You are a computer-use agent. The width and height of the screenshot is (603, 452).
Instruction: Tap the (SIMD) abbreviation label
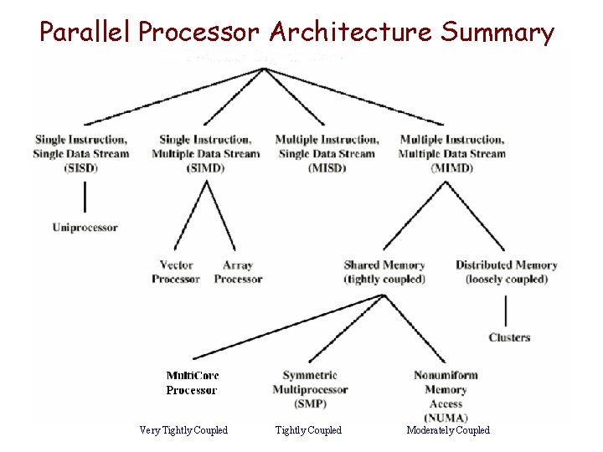(x=205, y=167)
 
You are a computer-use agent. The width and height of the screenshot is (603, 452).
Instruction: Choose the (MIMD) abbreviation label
(x=451, y=167)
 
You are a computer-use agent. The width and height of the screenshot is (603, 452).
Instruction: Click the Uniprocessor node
(x=85, y=227)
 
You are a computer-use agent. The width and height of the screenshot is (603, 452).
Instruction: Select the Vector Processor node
(x=176, y=272)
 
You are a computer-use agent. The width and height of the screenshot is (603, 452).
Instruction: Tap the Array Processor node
(x=238, y=272)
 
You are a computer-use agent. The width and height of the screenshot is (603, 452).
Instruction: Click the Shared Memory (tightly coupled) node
(x=384, y=272)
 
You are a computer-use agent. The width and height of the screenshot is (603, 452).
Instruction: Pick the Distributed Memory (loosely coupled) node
(x=506, y=272)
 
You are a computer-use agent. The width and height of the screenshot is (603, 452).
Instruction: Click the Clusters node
(x=509, y=337)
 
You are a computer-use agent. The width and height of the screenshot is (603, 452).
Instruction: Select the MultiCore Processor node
(x=192, y=383)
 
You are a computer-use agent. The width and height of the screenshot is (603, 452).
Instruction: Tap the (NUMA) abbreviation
(x=446, y=417)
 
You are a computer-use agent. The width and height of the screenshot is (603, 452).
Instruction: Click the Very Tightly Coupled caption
(x=183, y=430)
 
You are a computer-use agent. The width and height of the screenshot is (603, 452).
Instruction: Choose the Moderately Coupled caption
(x=448, y=430)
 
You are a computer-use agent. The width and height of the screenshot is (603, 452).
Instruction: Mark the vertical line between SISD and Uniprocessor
(x=85, y=197)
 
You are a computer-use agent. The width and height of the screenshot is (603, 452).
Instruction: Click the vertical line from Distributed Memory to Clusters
(x=506, y=311)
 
